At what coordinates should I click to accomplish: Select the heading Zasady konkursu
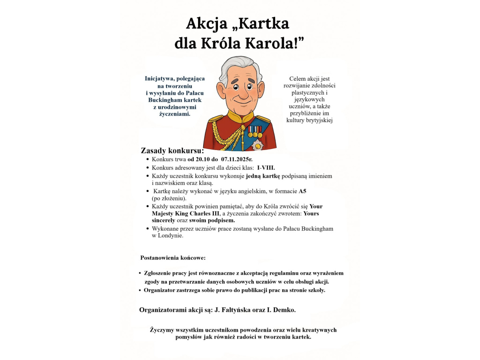tap(172, 151)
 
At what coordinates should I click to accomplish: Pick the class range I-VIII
tap(266, 168)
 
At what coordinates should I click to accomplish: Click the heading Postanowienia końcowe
tap(173, 258)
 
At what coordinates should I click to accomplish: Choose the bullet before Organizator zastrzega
tap(140, 290)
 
